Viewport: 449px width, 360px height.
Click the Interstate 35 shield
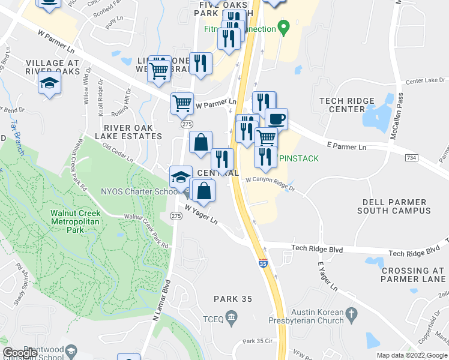coord(262,263)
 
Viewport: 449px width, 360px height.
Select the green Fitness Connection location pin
coord(285,28)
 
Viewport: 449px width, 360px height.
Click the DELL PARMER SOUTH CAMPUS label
coord(393,207)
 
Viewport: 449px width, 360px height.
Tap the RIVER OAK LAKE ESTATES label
coord(133,132)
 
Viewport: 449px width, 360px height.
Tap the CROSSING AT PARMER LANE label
coord(413,275)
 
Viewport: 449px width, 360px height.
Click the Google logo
coord(20,353)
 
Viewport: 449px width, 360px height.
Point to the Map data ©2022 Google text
coord(411,355)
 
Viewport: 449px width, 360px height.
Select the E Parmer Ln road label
coord(346,146)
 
